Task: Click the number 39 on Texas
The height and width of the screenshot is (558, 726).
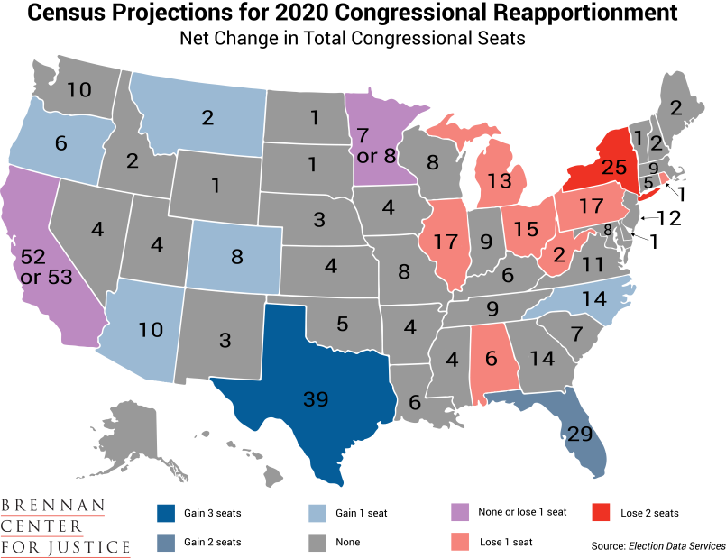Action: click(x=315, y=399)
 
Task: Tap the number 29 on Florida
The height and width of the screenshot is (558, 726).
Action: click(x=578, y=434)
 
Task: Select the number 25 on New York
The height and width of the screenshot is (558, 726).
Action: click(x=613, y=166)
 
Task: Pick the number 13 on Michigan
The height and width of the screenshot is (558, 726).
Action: click(x=500, y=179)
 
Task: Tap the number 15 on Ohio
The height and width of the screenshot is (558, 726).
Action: click(x=527, y=230)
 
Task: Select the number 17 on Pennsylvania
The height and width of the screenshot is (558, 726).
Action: click(x=591, y=206)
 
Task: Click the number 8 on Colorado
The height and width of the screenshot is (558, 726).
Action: click(x=237, y=256)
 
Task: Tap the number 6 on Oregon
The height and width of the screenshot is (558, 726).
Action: click(x=60, y=142)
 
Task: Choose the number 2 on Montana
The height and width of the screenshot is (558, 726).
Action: click(x=207, y=117)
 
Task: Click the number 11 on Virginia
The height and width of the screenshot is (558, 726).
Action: click(x=593, y=264)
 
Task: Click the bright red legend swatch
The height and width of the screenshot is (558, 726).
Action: click(x=602, y=513)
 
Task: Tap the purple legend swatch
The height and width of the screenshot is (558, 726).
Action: click(x=461, y=513)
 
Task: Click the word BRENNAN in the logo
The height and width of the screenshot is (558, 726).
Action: click(x=53, y=506)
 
